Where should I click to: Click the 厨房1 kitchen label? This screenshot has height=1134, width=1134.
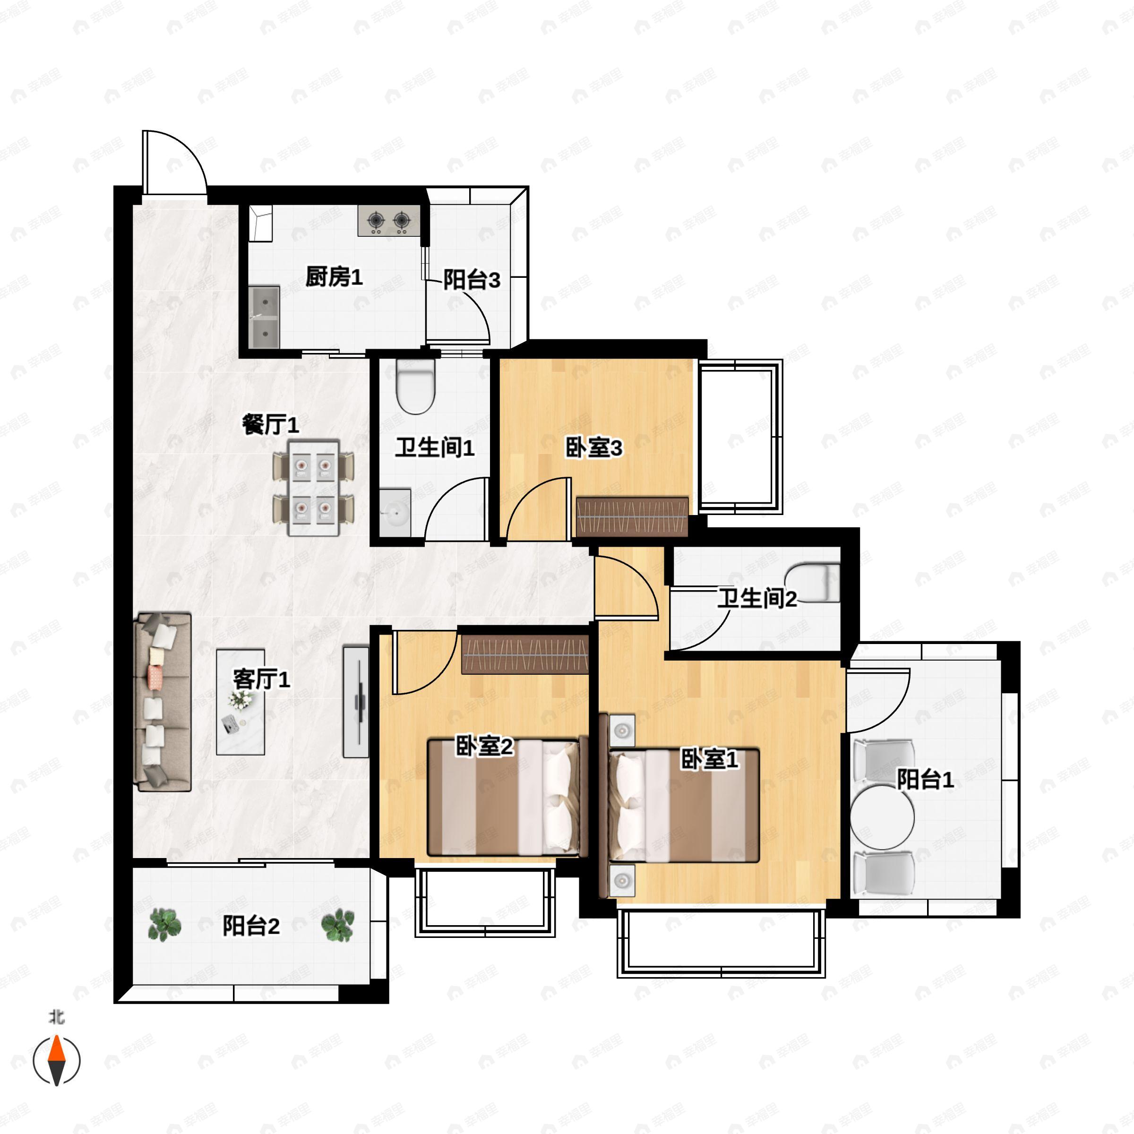[x=334, y=277]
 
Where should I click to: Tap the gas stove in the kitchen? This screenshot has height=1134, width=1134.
[x=388, y=221]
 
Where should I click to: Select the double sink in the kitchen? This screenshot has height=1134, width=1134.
[x=264, y=317]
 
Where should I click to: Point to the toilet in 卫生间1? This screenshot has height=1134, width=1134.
[x=416, y=386]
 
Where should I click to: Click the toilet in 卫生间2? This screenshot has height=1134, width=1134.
[x=814, y=583]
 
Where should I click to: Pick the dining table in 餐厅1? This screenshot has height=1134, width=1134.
[x=313, y=488]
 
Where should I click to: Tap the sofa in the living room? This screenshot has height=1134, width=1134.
[x=163, y=701]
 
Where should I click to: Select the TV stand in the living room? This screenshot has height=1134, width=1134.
[x=356, y=702]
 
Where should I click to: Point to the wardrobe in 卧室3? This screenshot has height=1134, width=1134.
[x=632, y=517]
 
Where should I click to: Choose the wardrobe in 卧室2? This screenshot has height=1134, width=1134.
[x=525, y=655]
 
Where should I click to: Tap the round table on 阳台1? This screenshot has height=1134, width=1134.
[x=882, y=817]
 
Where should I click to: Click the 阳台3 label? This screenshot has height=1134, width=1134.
[x=472, y=280]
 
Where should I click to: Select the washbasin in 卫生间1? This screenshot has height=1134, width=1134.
[x=395, y=512]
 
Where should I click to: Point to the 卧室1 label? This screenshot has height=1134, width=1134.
[x=709, y=759]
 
